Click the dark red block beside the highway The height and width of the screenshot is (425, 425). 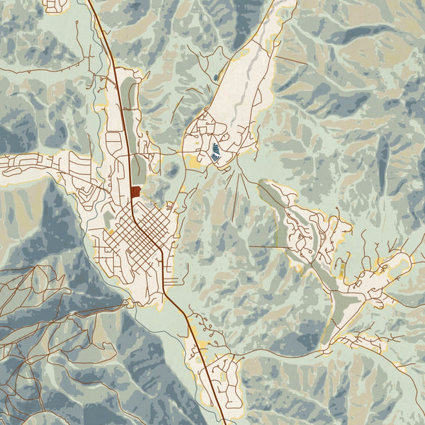pos(135,191)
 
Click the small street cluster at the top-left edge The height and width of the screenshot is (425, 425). pos(55,6)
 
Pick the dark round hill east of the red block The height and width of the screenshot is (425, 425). pos(172,170)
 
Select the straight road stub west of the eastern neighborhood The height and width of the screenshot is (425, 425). pos(269,246)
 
